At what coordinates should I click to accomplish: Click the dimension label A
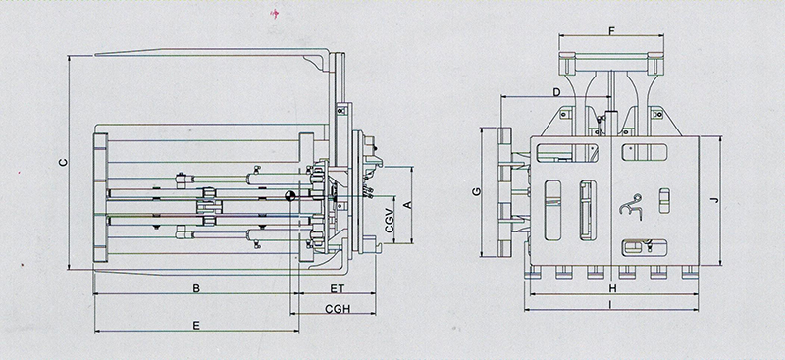pyautogui.click(x=407, y=204)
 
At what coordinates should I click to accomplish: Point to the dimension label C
pyautogui.click(x=63, y=162)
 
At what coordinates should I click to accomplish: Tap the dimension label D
pyautogui.click(x=556, y=91)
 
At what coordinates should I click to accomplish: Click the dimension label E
pyautogui.click(x=196, y=326)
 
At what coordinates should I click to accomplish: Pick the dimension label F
pyautogui.click(x=611, y=31)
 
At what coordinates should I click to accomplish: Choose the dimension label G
pyautogui.click(x=477, y=191)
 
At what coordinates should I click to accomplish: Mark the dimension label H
pyautogui.click(x=612, y=288)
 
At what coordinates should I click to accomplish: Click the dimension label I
pyautogui.click(x=610, y=304)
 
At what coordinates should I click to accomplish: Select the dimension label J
pyautogui.click(x=714, y=200)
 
